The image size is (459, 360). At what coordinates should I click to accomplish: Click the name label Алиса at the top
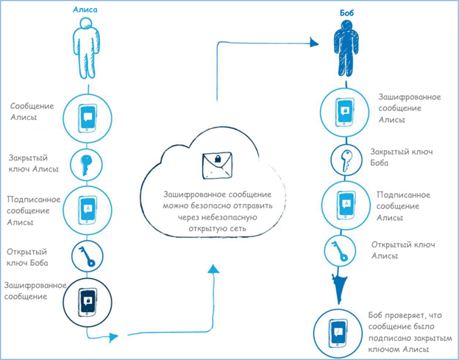pyautogui.click(x=85, y=10)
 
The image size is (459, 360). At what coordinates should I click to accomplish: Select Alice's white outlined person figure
pyautogui.click(x=86, y=48)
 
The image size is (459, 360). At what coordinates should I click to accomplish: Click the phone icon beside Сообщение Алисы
pyautogui.click(x=88, y=116)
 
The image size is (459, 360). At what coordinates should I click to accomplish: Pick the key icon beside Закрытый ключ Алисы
pyautogui.click(x=87, y=163)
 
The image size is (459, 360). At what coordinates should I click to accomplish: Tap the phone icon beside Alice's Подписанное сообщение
pyautogui.click(x=88, y=209)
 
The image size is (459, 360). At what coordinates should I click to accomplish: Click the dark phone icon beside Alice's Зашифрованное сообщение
pyautogui.click(x=87, y=301)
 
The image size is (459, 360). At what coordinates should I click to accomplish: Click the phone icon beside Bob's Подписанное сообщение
pyautogui.click(x=344, y=203)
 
